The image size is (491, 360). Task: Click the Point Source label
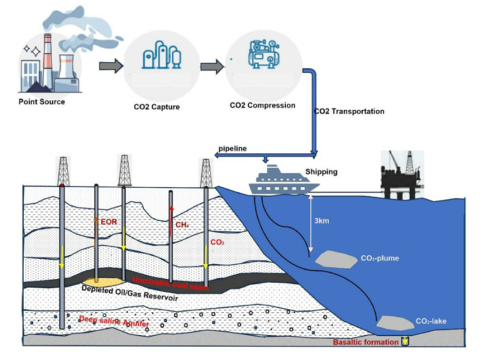[41, 102]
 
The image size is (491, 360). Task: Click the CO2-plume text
[381, 258]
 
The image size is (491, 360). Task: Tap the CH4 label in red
[182, 225]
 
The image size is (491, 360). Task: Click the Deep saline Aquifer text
[114, 321]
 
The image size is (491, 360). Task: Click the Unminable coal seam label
[170, 284]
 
